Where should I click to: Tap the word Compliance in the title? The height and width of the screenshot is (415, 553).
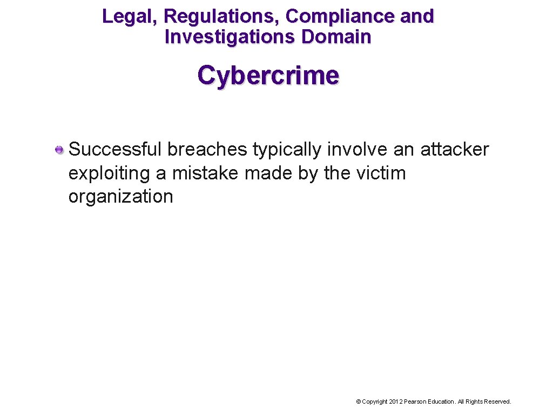pyautogui.click(x=340, y=17)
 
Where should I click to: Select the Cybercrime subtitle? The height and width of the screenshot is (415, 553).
pyautogui.click(x=268, y=76)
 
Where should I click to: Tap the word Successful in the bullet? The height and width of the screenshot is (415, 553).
pyautogui.click(x=116, y=150)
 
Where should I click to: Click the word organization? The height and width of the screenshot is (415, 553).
pyautogui.click(x=120, y=197)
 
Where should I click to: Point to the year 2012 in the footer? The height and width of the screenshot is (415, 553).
pyautogui.click(x=396, y=401)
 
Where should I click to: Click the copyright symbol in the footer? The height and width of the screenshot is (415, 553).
pyautogui.click(x=358, y=401)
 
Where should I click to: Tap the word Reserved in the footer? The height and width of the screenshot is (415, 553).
pyautogui.click(x=498, y=401)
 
